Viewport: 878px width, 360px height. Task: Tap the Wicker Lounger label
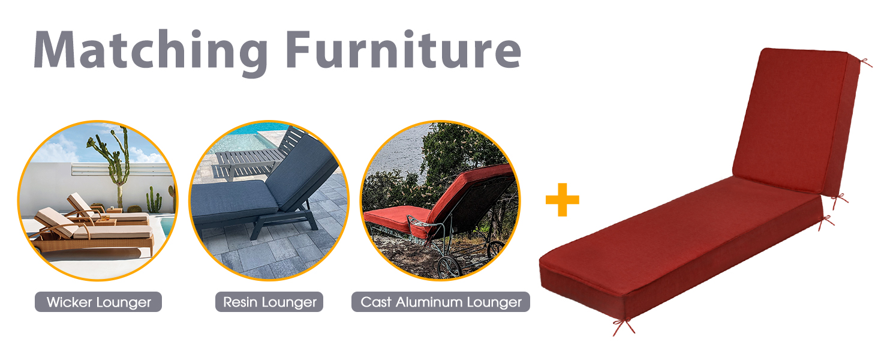98,302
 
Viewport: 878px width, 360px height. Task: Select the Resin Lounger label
269,302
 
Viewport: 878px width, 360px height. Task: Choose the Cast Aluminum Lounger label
441,302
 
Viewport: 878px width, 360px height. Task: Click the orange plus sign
563,200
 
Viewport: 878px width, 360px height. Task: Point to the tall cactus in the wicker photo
112,165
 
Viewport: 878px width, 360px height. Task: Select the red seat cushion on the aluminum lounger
396,220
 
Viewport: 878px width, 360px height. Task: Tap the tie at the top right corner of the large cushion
865,63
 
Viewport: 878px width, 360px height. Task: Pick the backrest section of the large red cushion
796,122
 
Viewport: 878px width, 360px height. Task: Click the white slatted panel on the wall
122,170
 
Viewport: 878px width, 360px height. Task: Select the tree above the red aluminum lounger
462,153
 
